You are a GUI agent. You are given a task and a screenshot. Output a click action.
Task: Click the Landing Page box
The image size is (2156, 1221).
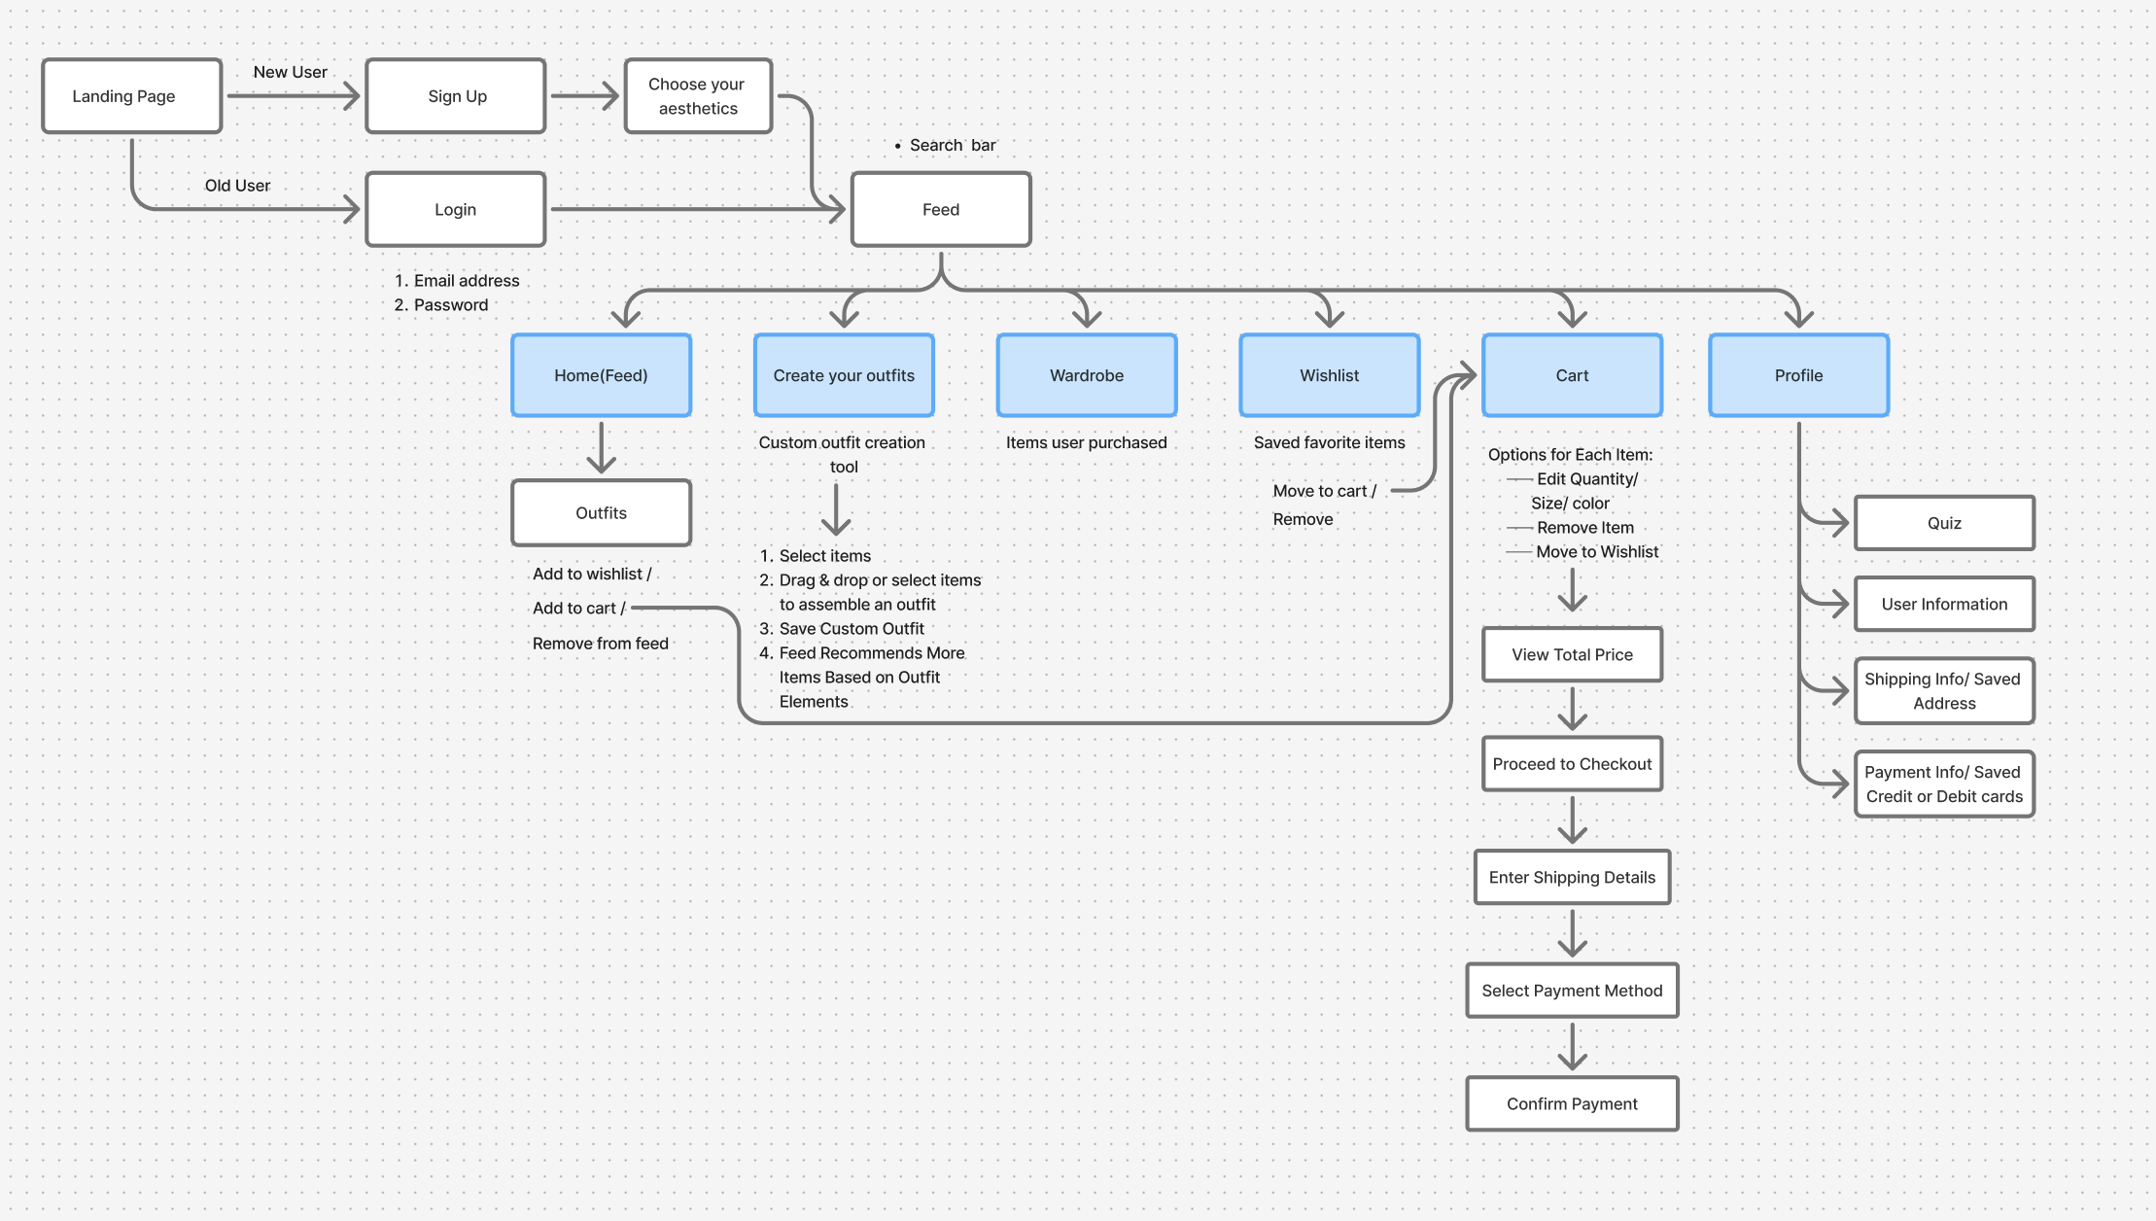tap(131, 96)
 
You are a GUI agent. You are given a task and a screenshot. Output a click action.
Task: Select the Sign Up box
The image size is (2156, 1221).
tap(456, 96)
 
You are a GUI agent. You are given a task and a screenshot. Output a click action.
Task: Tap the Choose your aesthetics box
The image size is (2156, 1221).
tap(698, 96)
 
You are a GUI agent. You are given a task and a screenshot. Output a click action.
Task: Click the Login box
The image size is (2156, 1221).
tap(456, 209)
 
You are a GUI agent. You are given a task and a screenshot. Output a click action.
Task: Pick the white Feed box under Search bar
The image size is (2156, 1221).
tap(941, 209)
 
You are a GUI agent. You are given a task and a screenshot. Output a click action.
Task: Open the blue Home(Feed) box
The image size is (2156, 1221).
tap(601, 375)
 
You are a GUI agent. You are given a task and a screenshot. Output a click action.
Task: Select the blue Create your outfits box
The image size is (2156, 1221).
tap(844, 375)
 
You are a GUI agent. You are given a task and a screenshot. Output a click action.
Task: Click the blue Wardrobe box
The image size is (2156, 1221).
tap(1087, 375)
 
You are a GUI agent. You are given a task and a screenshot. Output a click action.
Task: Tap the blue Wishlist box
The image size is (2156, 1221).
tap(1330, 375)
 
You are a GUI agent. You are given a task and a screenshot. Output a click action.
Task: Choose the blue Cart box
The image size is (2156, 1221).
tap(1572, 375)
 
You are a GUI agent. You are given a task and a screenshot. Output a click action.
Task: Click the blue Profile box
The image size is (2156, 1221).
tap(1799, 375)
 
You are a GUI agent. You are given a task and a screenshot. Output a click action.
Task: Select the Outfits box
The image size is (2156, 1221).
tap(601, 512)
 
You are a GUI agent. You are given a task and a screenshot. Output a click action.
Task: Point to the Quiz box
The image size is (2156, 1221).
tap(1944, 523)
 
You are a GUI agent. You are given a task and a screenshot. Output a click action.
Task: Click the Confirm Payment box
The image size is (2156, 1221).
tap(1572, 1103)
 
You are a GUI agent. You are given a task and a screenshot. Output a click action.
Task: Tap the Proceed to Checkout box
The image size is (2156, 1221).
tap(1572, 764)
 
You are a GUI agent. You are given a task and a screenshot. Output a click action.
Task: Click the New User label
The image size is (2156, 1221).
tap(290, 72)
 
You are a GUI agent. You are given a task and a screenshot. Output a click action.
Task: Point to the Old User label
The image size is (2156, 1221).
tap(237, 186)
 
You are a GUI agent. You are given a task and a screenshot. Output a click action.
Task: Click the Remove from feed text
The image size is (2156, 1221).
tap(601, 644)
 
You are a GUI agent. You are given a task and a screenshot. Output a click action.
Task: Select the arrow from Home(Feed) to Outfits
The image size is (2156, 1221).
tap(601, 447)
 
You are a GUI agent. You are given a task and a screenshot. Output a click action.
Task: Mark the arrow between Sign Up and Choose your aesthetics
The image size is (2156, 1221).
tap(585, 96)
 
